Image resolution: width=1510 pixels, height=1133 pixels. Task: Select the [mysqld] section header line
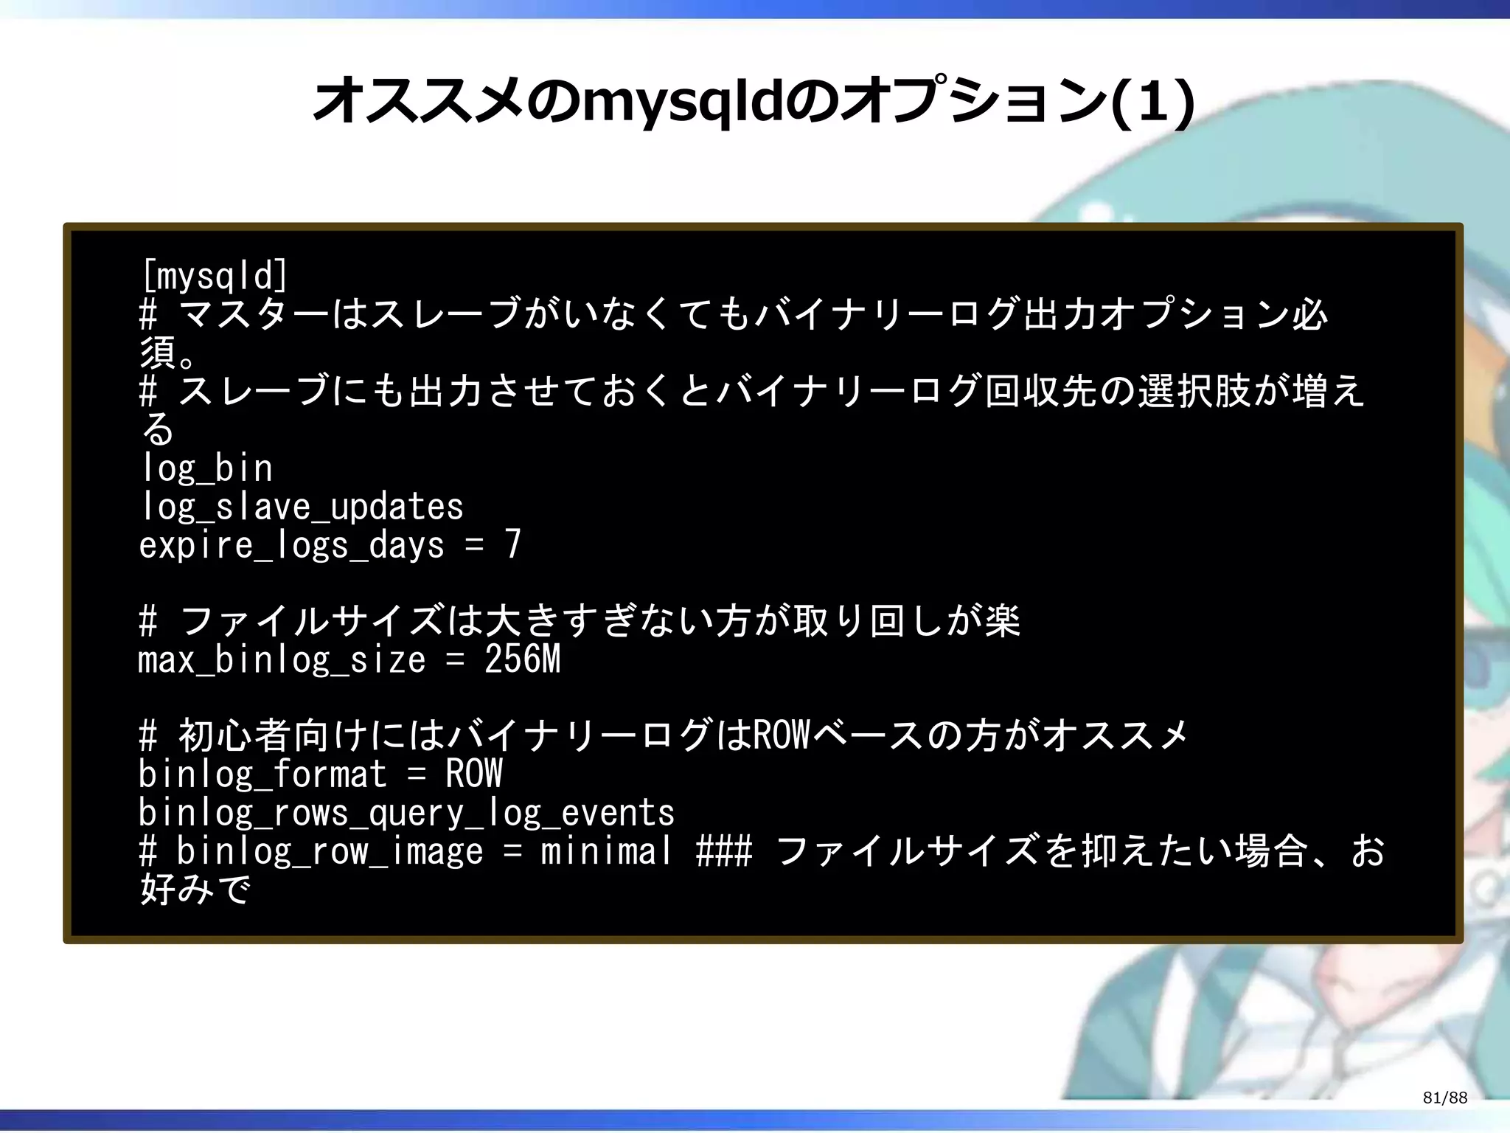point(214,277)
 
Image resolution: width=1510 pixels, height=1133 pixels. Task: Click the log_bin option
point(206,468)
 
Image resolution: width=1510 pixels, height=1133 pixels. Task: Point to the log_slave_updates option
point(302,507)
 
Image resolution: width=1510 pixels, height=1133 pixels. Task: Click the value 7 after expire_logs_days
point(512,544)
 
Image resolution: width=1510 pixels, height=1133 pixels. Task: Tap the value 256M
point(523,659)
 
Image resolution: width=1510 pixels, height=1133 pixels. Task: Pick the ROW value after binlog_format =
point(473,774)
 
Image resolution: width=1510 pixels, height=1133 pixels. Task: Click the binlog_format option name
point(262,775)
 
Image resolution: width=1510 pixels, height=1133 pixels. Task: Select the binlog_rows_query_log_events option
point(406,813)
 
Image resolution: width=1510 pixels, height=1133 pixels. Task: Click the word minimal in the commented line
point(606,851)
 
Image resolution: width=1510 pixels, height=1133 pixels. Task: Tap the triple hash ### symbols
point(724,851)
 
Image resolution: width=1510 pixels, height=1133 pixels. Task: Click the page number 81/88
point(1445,1098)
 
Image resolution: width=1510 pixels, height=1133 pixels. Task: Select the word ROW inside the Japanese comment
point(782,735)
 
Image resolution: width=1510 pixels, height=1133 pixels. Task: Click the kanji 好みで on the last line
point(195,890)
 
